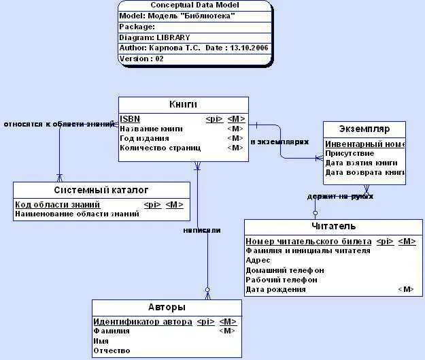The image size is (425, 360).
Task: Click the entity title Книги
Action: pyautogui.click(x=183, y=104)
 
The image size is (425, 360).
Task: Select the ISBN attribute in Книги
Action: pyautogui.click(x=130, y=118)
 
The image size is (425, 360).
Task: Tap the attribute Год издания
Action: pyautogui.click(x=143, y=138)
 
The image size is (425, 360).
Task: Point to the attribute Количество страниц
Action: pyautogui.click(x=160, y=148)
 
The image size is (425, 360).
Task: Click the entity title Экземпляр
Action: pyautogui.click(x=364, y=129)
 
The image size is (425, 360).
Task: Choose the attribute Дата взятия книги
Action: pyautogui.click(x=361, y=163)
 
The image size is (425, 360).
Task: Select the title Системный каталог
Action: pyautogui.click(x=101, y=190)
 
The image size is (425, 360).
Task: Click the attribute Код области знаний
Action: pyautogui.click(x=58, y=204)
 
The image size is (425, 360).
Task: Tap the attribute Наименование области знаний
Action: pyautogui.click(x=77, y=214)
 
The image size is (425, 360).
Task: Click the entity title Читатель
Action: pyautogui.click(x=334, y=227)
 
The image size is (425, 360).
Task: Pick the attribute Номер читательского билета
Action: pyautogui.click(x=309, y=241)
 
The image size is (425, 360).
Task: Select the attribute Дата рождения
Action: pyautogui.click(x=275, y=289)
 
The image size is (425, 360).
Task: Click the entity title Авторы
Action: pyautogui.click(x=167, y=307)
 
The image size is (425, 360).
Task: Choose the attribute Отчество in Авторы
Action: pyautogui.click(x=112, y=350)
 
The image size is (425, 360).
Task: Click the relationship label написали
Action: pyautogui.click(x=202, y=230)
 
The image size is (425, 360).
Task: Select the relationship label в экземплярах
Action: pyautogui.click(x=279, y=142)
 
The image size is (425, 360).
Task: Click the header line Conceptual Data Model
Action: pyautogui.click(x=194, y=5)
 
